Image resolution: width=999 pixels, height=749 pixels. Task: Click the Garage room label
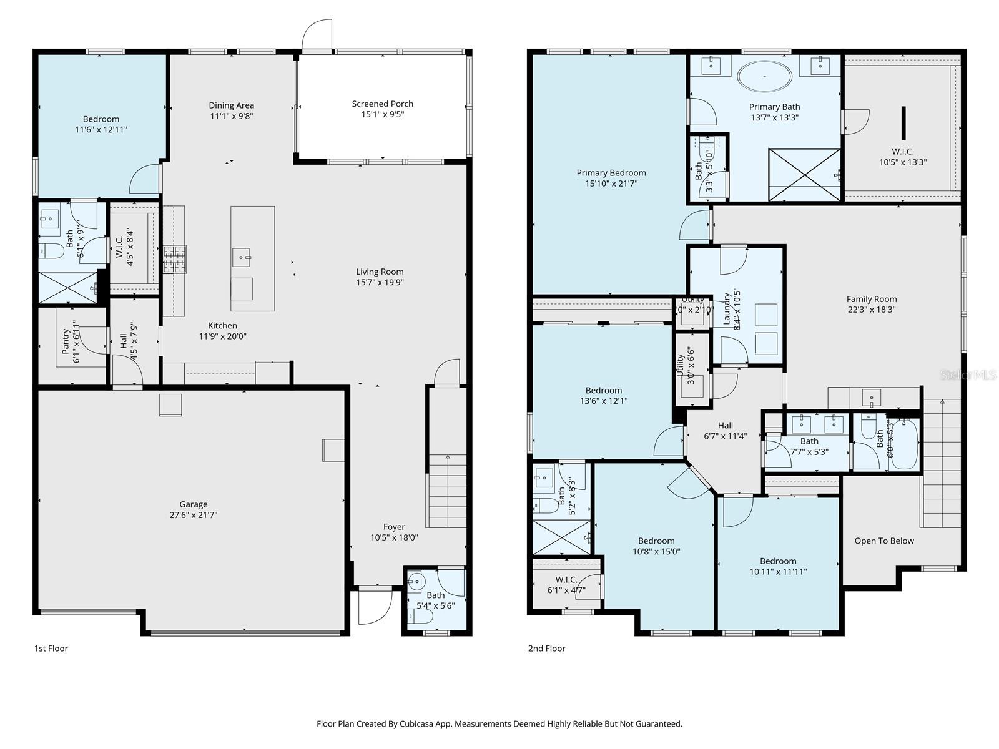193,504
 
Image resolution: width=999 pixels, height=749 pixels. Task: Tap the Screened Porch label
382,104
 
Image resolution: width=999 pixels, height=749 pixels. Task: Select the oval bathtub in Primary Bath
765,77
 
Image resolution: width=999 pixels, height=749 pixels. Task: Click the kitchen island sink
240,256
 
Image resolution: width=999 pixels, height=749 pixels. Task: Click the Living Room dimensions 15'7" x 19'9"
380,282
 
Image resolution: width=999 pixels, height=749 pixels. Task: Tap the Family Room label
871,299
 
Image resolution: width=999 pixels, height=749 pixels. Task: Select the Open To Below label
883,541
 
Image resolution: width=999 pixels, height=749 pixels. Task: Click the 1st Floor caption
51,648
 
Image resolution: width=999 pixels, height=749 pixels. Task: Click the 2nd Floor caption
546,648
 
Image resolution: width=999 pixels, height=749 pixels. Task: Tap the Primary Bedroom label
611,173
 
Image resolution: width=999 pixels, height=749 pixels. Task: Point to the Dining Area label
231,105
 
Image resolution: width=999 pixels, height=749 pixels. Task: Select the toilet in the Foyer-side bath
423,617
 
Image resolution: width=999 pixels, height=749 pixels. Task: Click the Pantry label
66,341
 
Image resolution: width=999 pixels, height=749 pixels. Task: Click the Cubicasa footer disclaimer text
499,724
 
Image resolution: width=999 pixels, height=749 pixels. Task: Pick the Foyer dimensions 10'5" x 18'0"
394,537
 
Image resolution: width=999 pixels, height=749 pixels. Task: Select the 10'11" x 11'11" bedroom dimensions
778,571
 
